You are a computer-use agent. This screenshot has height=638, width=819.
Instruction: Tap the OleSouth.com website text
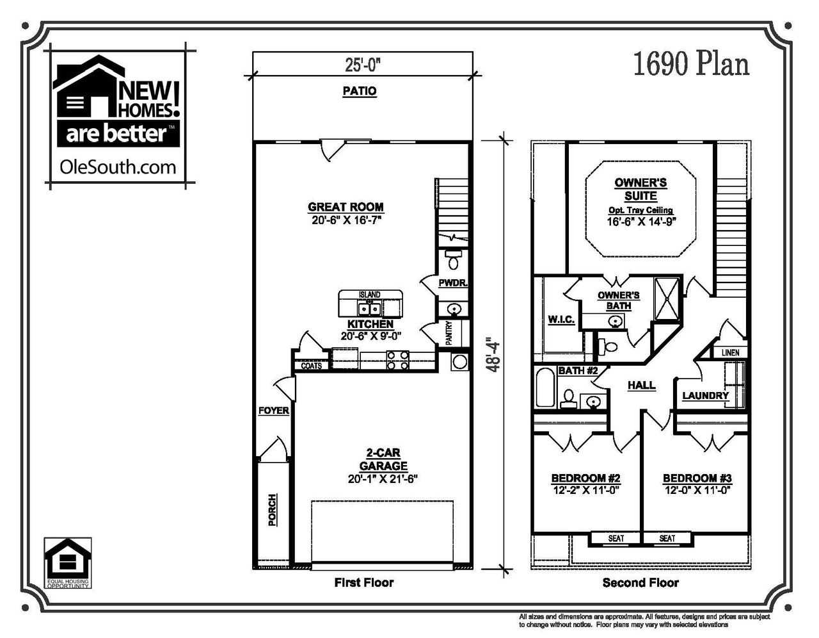click(x=117, y=167)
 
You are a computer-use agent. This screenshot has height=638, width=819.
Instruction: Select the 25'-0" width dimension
click(x=363, y=65)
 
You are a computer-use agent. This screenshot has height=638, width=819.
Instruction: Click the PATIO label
click(x=359, y=92)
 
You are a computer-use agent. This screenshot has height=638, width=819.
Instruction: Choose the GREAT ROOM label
click(x=346, y=207)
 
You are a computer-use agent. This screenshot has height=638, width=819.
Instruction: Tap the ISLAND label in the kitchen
click(x=369, y=295)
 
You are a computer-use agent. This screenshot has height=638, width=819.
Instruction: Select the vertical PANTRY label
click(x=449, y=332)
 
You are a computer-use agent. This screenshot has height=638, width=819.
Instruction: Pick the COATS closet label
click(x=312, y=366)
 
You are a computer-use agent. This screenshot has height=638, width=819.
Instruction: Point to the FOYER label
click(x=273, y=411)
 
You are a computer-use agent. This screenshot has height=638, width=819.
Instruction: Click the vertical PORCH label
click(x=273, y=510)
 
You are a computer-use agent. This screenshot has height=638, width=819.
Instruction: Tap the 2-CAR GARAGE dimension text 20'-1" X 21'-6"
click(x=383, y=478)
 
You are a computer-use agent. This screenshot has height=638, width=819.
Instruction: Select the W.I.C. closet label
click(x=561, y=319)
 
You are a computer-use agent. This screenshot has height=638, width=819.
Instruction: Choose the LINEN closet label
click(x=730, y=352)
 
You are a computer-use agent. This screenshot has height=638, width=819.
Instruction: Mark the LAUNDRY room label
click(x=705, y=396)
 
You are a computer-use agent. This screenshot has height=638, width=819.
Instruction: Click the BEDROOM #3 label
click(x=697, y=478)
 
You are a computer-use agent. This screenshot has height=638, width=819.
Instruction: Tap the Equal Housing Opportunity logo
click(x=67, y=563)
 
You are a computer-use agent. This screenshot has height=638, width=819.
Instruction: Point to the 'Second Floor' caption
click(x=640, y=583)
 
